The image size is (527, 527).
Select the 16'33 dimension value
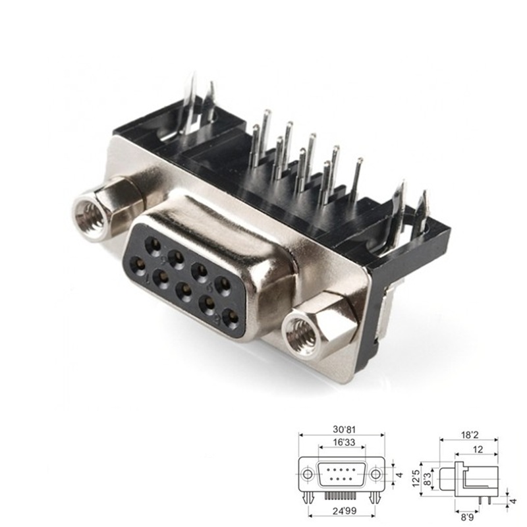341,443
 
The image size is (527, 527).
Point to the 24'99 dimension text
341,511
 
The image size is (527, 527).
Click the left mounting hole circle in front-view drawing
307,474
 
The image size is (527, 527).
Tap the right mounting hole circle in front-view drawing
375,474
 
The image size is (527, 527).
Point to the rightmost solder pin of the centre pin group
357,178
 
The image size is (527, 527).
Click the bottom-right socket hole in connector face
230,318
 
